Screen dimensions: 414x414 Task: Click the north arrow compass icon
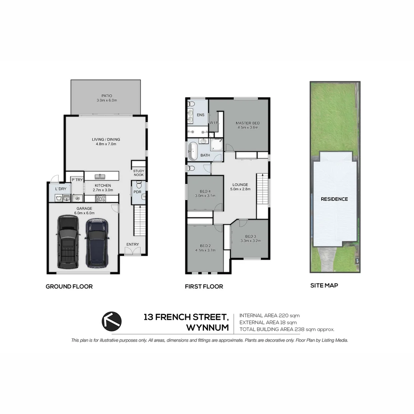(112, 321)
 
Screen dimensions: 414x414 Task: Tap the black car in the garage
(69, 242)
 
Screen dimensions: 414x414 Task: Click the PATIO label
(107, 95)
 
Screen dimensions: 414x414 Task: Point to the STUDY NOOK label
(139, 173)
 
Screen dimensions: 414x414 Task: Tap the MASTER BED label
(248, 123)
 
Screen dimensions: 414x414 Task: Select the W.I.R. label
(214, 123)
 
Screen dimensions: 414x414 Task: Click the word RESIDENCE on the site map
(334, 199)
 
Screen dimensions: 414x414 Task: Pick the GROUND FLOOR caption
(69, 286)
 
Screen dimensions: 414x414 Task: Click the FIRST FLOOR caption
(204, 286)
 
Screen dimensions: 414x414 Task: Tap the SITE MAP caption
(324, 285)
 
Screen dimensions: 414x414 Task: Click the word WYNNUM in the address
(207, 328)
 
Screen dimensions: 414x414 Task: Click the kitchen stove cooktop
(100, 198)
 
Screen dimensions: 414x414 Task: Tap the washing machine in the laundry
(59, 198)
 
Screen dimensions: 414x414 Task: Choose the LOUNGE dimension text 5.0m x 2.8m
(240, 189)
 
